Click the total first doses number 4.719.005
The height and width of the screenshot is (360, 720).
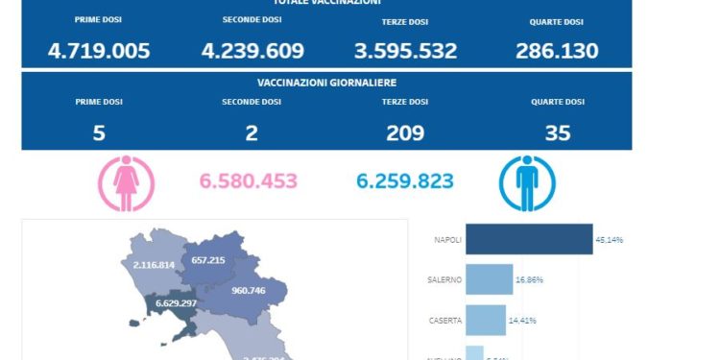[99, 51]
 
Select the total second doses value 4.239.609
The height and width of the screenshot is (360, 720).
[252, 51]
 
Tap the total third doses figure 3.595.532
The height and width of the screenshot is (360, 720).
[404, 51]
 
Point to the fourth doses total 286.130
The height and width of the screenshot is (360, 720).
[557, 51]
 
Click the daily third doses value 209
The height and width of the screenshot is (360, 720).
[404, 133]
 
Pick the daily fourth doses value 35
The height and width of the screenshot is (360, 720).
[557, 133]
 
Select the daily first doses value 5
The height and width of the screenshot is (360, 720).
[99, 133]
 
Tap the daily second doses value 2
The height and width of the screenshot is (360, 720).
[252, 133]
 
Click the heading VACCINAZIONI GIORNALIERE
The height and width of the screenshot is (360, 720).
[327, 84]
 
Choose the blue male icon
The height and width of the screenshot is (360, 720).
[524, 183]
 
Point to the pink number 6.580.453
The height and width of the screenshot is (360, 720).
[248, 181]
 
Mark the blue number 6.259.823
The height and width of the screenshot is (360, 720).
[404, 181]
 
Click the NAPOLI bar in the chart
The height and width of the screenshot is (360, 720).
[529, 239]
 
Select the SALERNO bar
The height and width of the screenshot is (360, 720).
[490, 279]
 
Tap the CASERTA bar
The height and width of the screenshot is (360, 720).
[486, 320]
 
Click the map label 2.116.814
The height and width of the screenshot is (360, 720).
[154, 264]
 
